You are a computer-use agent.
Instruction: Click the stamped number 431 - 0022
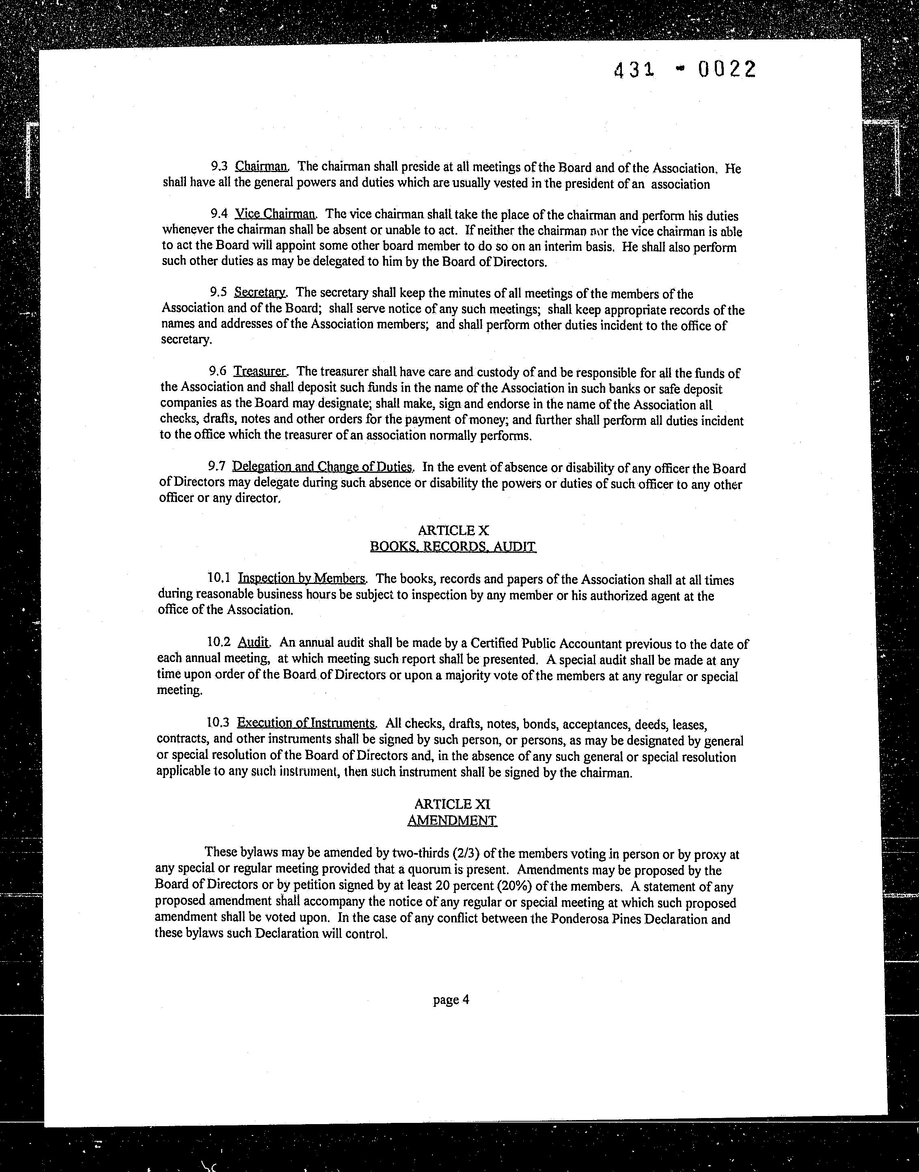coord(685,70)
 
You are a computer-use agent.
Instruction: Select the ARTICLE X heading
coord(453,530)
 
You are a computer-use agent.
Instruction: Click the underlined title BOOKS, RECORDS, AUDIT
coord(453,547)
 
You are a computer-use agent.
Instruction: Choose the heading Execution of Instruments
coord(306,722)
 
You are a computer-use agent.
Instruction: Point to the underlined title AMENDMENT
coord(452,820)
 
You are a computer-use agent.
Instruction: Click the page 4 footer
coord(451,1000)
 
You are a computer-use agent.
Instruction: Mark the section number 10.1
coord(218,578)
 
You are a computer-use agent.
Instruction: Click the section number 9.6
coord(218,371)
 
